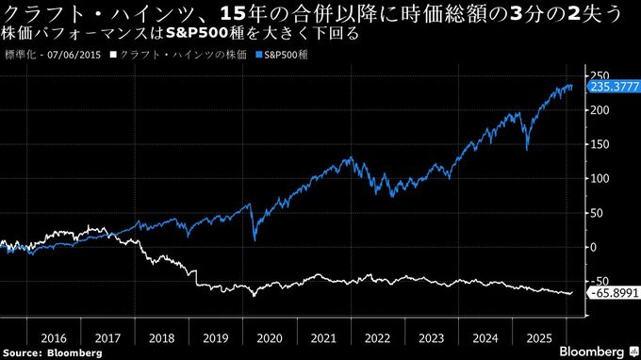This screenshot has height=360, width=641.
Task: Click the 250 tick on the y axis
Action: pyautogui.click(x=599, y=75)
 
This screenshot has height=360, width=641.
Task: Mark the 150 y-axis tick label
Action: pyautogui.click(x=599, y=144)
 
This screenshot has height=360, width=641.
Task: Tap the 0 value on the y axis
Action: pyautogui.click(x=593, y=247)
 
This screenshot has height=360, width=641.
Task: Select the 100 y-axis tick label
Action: pyautogui.click(x=599, y=178)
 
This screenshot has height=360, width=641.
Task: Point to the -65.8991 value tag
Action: pyautogui.click(x=614, y=293)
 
